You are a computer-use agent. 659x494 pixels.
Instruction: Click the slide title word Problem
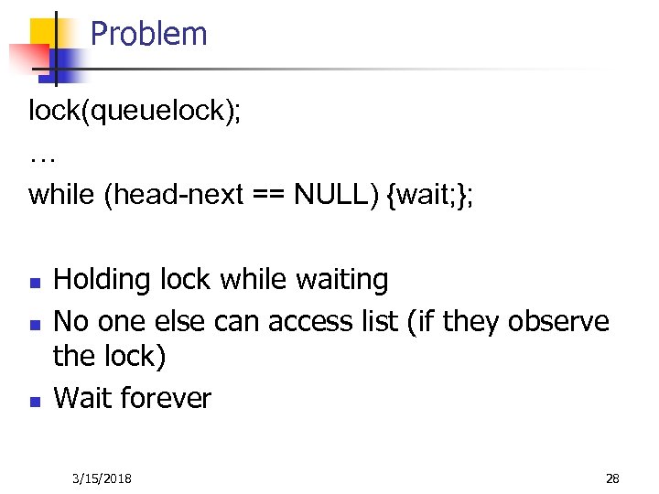pyautogui.click(x=148, y=35)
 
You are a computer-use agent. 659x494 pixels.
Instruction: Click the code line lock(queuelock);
pyautogui.click(x=135, y=112)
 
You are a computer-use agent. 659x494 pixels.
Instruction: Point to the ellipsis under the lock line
pyautogui.click(x=42, y=158)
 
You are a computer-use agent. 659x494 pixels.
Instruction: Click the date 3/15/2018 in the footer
pyautogui.click(x=101, y=478)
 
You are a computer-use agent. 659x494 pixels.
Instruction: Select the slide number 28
pyautogui.click(x=612, y=478)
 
